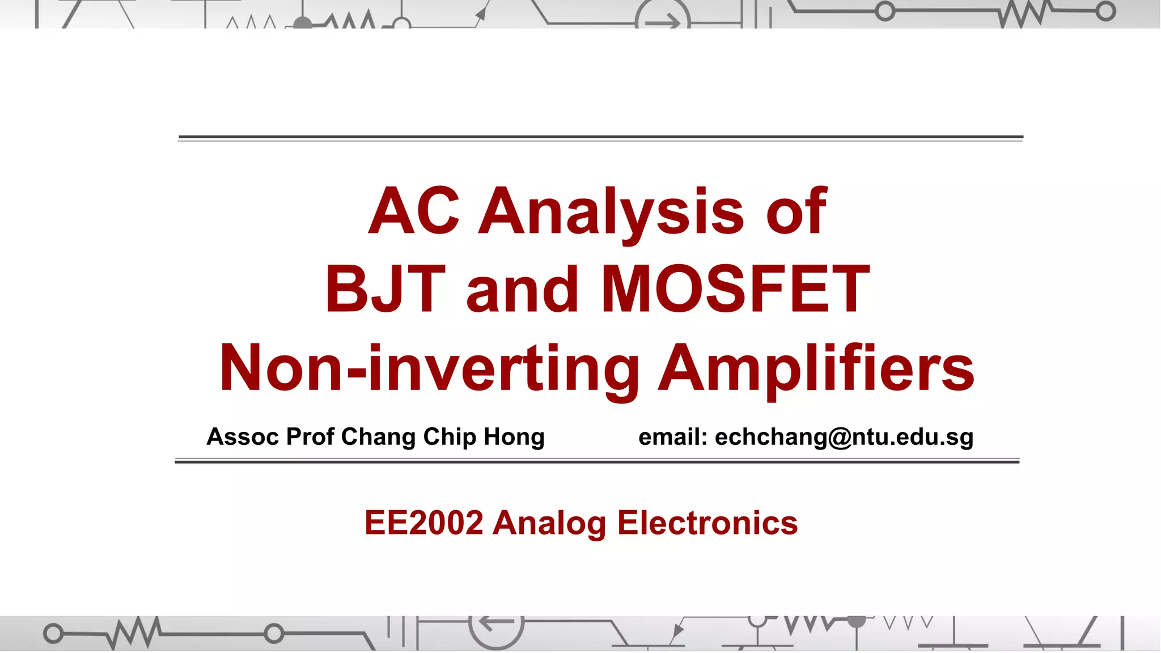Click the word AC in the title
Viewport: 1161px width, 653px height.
(x=413, y=211)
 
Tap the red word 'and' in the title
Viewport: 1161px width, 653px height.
(x=522, y=290)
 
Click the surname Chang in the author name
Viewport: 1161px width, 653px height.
(x=378, y=437)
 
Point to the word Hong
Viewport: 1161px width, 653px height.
(x=514, y=437)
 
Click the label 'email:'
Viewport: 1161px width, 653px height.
(x=672, y=437)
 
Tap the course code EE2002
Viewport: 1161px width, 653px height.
(x=423, y=523)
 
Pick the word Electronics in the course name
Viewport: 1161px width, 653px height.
(x=707, y=523)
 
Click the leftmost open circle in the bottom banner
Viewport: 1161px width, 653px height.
(x=53, y=633)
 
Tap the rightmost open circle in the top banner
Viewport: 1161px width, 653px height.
(x=1105, y=11)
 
